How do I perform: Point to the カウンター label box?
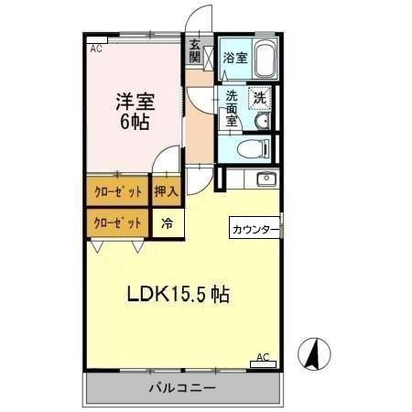point(251,229)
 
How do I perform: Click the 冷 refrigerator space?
point(168,222)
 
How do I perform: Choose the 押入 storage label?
point(166,192)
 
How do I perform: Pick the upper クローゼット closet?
point(118,192)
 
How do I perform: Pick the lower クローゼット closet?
point(118,222)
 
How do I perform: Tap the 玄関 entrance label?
point(196,50)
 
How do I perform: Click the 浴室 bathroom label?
point(235,58)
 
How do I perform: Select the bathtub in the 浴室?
point(266,60)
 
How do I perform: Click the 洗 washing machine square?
point(260,98)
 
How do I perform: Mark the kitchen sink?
point(266,178)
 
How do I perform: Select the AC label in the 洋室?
point(95,49)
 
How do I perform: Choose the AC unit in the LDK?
point(261,363)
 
